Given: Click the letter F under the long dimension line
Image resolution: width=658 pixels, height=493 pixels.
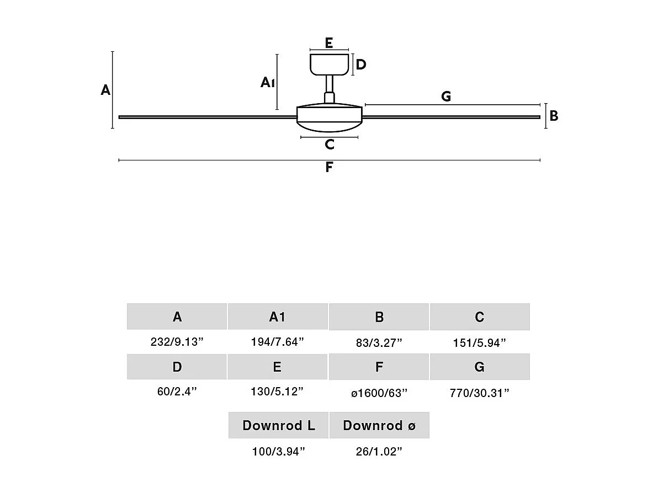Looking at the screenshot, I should click(x=329, y=168).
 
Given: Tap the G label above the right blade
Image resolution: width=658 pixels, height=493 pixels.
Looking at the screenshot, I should click(x=446, y=97).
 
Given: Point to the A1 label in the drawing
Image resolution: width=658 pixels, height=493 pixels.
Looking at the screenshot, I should click(x=268, y=83).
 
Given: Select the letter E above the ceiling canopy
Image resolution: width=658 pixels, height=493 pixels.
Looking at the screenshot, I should click(x=329, y=43).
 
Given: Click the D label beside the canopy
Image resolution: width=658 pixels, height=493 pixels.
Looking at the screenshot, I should click(x=361, y=65).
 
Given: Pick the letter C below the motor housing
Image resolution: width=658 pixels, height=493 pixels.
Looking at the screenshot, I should click(x=330, y=144).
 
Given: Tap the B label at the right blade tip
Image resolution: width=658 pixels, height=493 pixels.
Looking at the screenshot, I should click(x=554, y=116).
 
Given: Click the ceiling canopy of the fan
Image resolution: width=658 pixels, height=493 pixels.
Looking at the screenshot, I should click(x=330, y=64).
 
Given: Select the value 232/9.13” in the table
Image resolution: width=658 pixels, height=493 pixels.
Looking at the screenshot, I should click(x=177, y=342).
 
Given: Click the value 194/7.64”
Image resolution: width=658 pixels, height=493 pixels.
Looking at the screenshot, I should click(x=277, y=342).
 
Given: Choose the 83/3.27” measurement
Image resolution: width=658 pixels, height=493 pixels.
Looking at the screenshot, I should click(x=379, y=343).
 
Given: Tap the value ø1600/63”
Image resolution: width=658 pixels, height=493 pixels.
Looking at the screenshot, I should click(x=379, y=393).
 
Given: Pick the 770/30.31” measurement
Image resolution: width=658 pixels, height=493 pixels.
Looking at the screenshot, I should click(x=479, y=393).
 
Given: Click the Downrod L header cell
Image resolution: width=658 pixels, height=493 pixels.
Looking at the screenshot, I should click(x=279, y=425).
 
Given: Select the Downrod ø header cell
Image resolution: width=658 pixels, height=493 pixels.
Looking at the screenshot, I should click(x=379, y=425).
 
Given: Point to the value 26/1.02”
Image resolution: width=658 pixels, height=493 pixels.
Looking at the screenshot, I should click(x=379, y=452).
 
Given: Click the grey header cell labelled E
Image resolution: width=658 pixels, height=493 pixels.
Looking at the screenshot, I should click(x=277, y=367).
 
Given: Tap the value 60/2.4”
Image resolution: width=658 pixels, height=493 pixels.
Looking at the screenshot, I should click(x=177, y=392).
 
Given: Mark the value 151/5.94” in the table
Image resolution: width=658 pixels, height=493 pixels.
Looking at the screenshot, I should click(x=479, y=343).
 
